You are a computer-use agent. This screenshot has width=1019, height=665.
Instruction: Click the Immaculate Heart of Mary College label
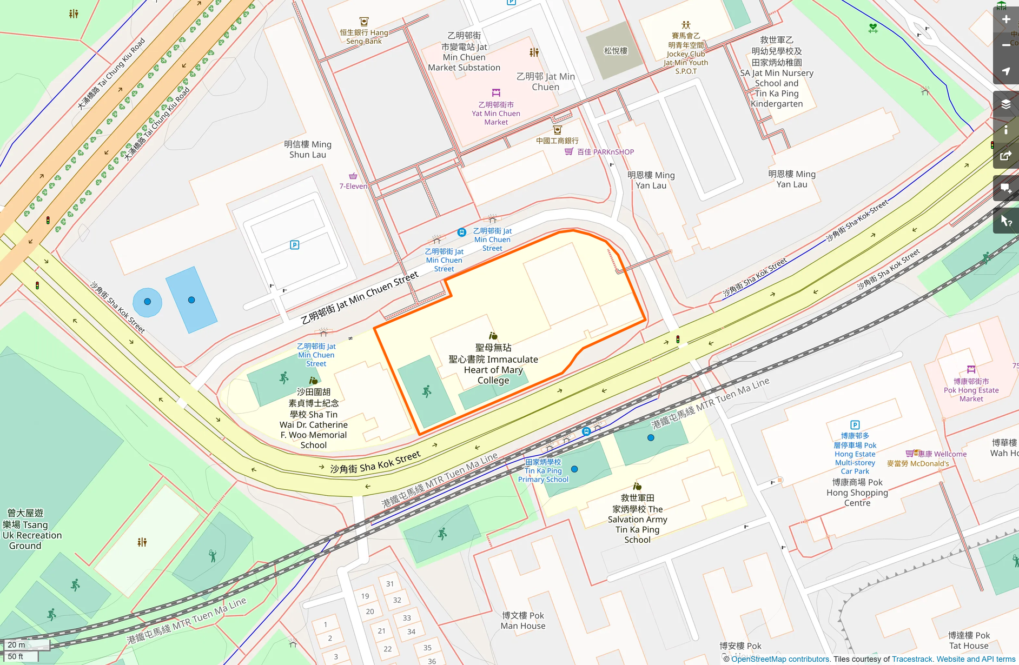493,364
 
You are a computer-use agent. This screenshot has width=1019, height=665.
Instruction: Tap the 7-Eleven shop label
353,186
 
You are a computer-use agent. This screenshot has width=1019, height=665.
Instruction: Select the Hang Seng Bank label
364,36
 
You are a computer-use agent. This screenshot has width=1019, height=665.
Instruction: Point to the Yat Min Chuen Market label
495,113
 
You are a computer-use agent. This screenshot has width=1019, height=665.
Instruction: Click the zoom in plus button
1006,19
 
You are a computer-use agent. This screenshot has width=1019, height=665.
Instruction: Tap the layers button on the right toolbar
1006,104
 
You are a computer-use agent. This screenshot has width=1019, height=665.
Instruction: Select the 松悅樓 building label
616,51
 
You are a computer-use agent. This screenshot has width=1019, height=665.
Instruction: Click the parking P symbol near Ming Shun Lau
294,245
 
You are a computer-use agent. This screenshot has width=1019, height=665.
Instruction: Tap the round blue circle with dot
147,302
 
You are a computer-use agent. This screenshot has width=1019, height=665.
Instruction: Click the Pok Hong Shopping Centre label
857,493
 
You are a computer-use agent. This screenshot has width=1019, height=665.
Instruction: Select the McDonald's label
918,464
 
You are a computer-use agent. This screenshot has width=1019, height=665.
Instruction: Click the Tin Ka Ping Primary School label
543,470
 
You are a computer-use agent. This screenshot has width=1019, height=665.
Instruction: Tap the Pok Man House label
522,621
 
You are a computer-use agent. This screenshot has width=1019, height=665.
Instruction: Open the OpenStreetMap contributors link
780,659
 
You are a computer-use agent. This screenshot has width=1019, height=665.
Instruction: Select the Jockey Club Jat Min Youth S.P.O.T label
685,54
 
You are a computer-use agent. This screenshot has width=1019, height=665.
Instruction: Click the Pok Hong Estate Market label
971,390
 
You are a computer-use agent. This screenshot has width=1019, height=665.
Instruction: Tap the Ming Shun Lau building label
307,149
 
